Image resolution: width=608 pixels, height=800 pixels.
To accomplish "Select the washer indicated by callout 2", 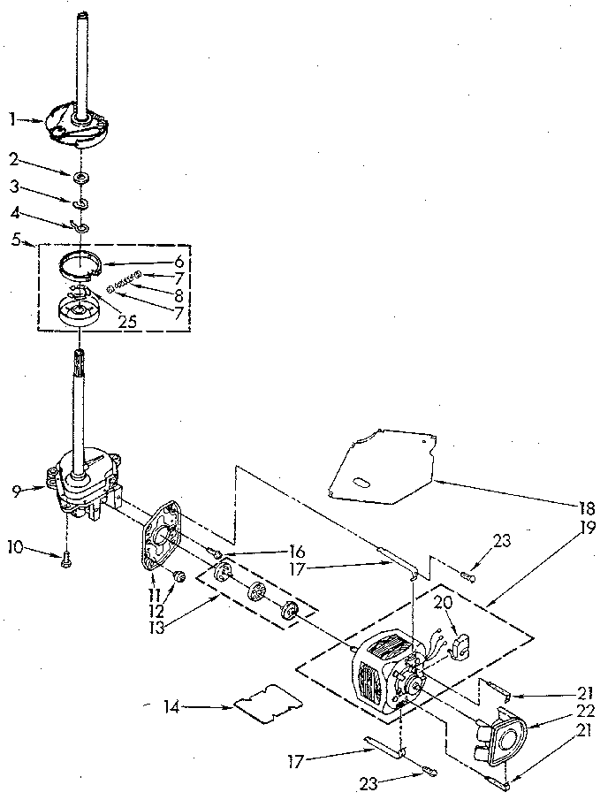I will click(81, 179).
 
